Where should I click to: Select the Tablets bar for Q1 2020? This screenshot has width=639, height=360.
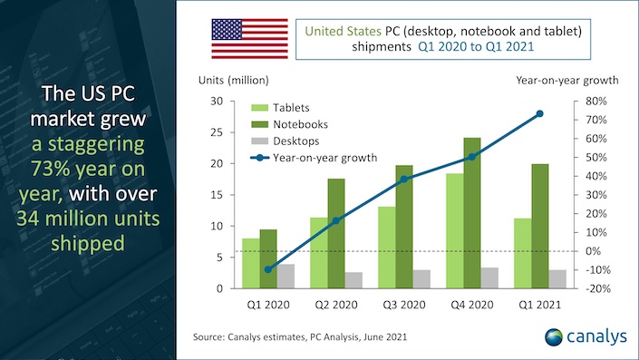pyautogui.click(x=249, y=263)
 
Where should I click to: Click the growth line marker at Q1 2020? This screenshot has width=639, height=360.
pyautogui.click(x=267, y=269)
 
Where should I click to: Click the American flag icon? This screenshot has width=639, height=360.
pyautogui.click(x=247, y=38)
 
